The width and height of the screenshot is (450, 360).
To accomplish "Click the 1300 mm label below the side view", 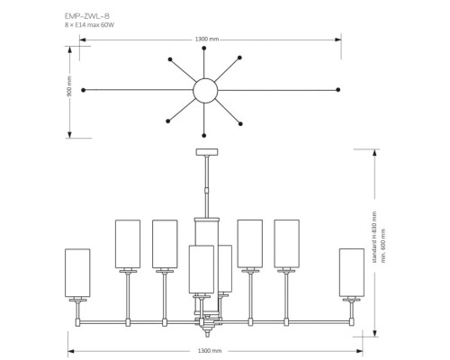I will coord(209,350).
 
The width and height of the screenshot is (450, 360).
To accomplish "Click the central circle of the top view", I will coord(206,90).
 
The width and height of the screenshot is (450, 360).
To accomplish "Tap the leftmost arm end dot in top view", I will coord(83,90).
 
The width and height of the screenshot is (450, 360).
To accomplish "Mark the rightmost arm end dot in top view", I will coord(338,90).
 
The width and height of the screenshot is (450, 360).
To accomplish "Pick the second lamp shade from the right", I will coord(286,243).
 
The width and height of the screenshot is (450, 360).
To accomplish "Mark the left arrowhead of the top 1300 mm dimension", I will coord(73,38).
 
